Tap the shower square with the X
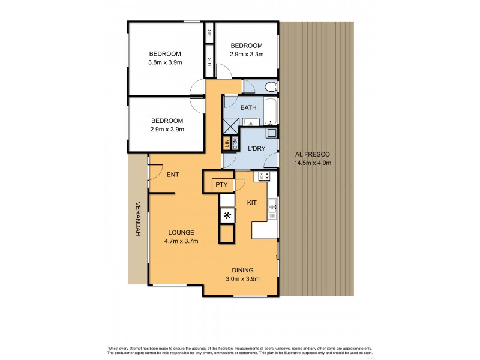231,127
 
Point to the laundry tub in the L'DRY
271,133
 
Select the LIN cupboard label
227,144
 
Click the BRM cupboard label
235,144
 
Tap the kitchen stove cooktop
263,176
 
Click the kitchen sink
272,207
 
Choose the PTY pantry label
221,185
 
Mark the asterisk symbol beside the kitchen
227,216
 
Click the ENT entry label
173,175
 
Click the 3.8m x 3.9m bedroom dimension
165,62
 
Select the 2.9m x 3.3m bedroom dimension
246,54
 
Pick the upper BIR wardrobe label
209,34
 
